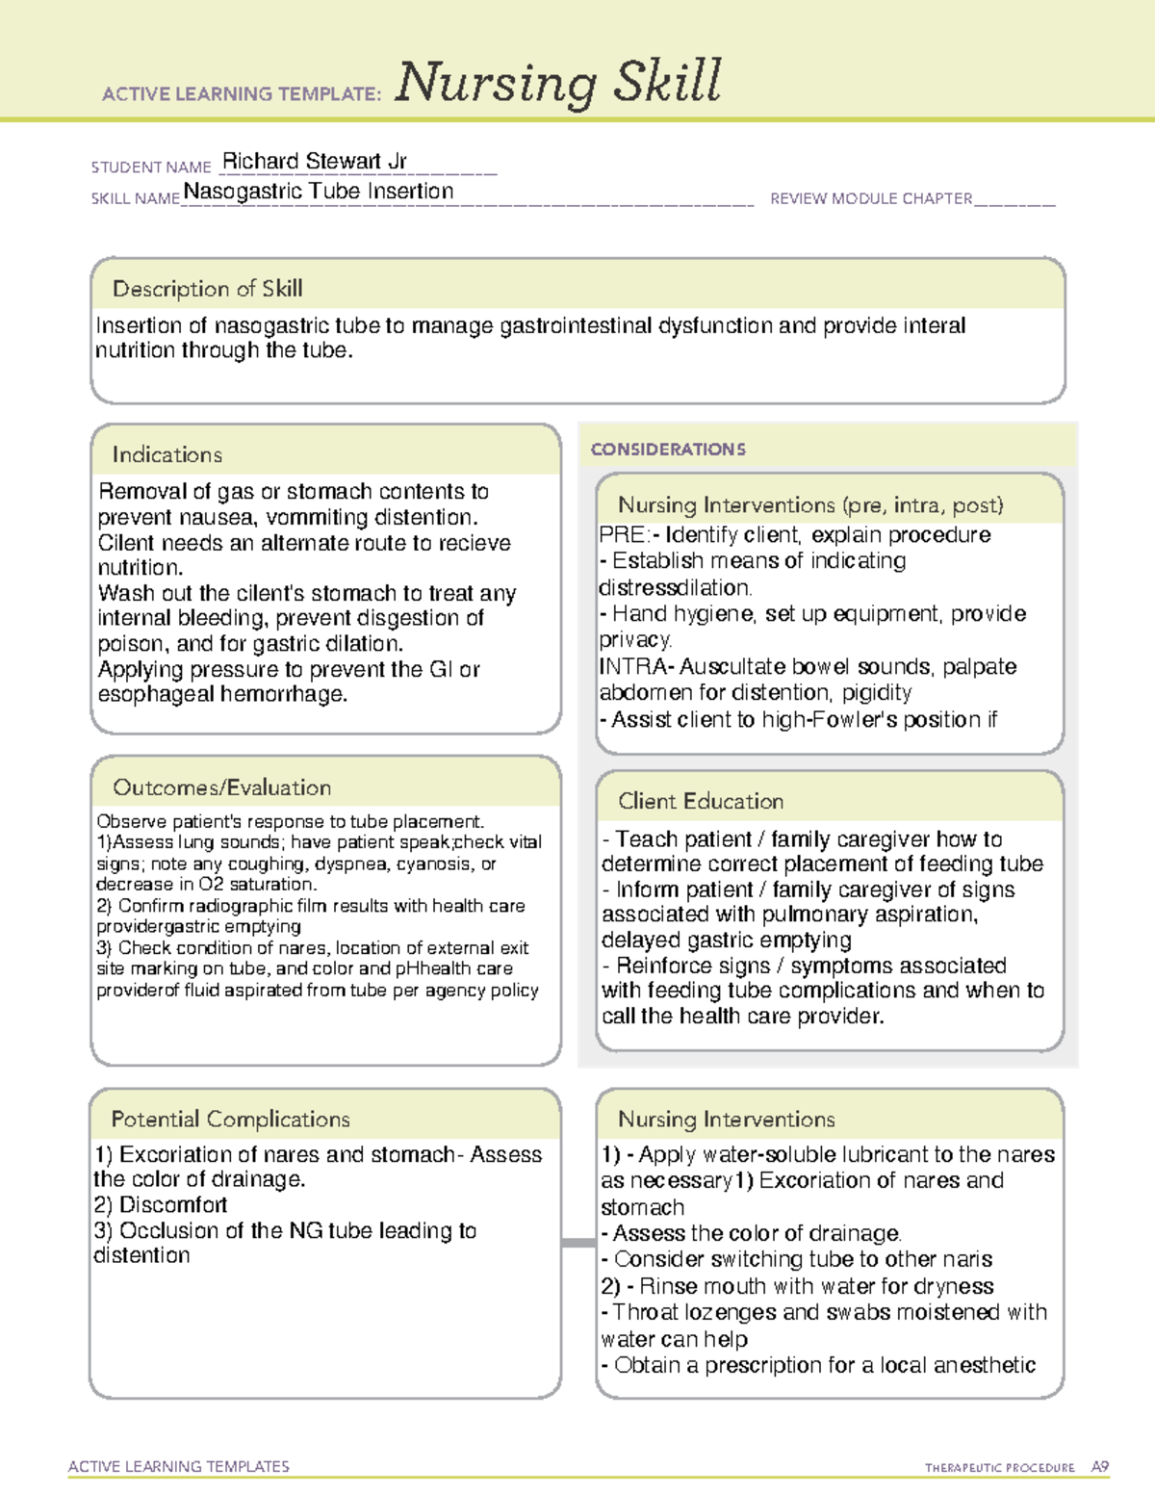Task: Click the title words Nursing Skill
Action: pos(558,83)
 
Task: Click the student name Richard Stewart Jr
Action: pos(315,161)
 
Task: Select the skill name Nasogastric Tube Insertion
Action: pos(319,192)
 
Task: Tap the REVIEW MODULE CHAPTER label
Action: pos(871,199)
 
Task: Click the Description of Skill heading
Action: pos(207,289)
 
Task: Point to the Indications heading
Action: pos(167,454)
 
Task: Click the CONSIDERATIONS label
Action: pos(668,450)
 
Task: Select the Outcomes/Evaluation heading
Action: pos(221,787)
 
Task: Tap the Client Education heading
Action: pos(701,801)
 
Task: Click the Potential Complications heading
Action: pos(230,1119)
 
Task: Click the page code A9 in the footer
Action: pos(1099,1467)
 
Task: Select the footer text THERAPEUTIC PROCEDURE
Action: pos(999,1468)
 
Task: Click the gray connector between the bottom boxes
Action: pos(577,1243)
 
